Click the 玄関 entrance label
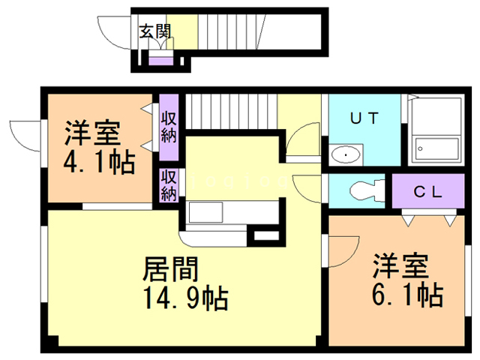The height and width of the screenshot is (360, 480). [155, 31]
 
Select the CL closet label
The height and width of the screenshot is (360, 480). [429, 190]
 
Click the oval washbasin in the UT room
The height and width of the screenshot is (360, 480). [345, 155]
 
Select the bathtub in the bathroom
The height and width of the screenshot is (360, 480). [436, 147]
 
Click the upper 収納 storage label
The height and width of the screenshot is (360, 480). [168, 126]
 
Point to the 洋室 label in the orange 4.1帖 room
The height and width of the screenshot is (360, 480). [93, 133]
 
